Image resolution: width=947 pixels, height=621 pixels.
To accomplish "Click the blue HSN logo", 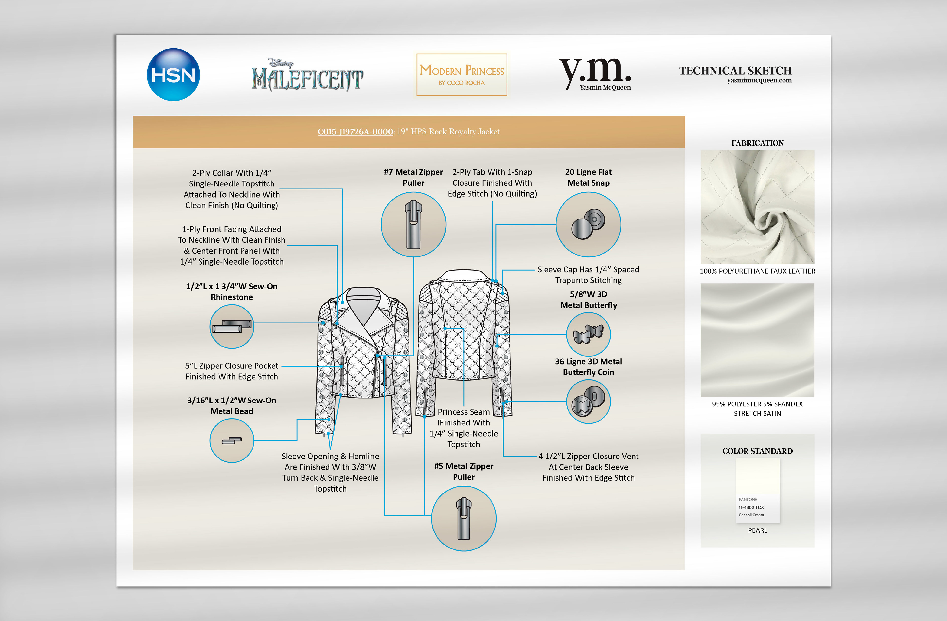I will click(x=173, y=75).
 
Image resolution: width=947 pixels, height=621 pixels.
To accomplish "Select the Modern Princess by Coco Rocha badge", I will click(x=462, y=75).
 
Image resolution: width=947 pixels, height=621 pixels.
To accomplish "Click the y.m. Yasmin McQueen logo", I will click(x=595, y=73).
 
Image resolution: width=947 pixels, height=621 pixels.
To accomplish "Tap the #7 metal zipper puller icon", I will click(x=413, y=224).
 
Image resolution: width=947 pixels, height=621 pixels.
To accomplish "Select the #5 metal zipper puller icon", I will click(x=464, y=518).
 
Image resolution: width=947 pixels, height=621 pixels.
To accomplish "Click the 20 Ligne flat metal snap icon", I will click(x=588, y=224).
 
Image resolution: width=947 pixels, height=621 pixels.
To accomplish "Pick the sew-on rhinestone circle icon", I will click(x=232, y=326).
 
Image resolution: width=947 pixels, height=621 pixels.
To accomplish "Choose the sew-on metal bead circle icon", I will click(x=232, y=440).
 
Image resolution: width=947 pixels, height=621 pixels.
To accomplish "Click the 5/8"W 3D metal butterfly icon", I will click(x=588, y=334).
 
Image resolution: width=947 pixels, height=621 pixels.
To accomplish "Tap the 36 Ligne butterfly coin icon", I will click(x=588, y=402).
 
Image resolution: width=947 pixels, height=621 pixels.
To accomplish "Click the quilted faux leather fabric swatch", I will click(x=757, y=207).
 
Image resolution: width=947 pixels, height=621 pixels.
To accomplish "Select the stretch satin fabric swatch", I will click(x=757, y=340).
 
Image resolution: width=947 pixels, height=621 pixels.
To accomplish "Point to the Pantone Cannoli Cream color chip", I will click(x=757, y=490).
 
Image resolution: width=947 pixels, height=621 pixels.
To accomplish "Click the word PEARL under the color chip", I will click(x=757, y=530).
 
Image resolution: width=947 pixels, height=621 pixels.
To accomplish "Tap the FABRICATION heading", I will click(x=757, y=143).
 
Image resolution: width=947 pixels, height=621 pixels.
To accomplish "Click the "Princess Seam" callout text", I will click(x=464, y=412).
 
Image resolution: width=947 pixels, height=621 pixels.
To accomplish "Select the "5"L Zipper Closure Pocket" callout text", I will click(x=232, y=365).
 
